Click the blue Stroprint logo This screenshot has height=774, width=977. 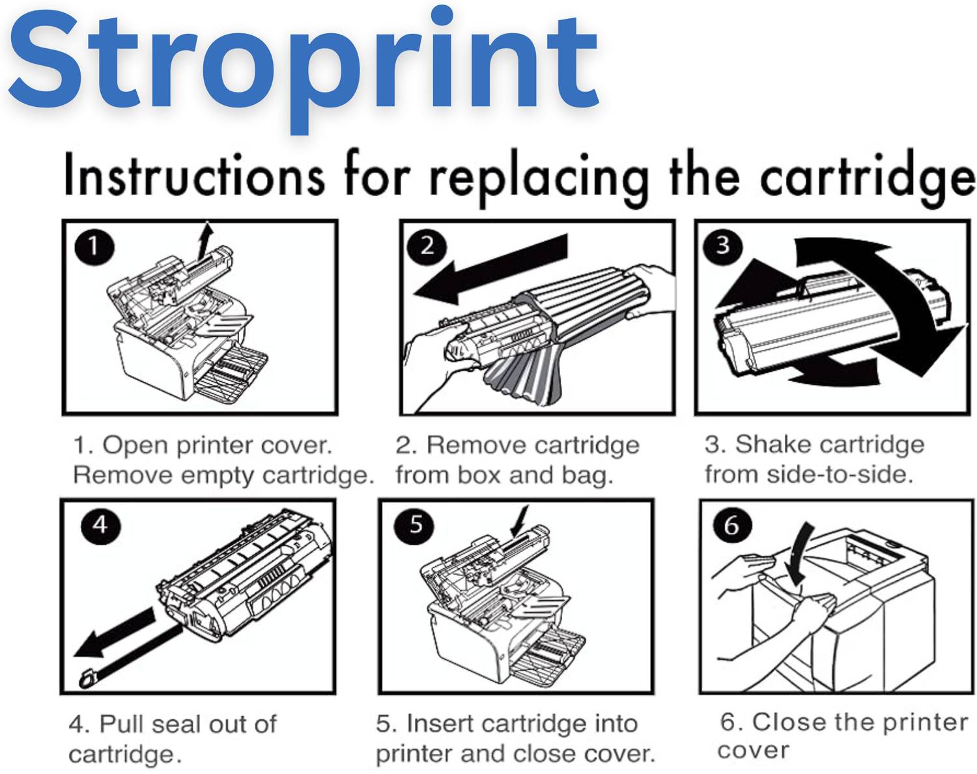pos(304,68)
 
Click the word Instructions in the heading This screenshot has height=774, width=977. pos(194,175)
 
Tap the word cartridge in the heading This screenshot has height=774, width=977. pos(868,180)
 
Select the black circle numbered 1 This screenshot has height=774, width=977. pos(94,247)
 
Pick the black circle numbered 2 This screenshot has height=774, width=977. pos(427,247)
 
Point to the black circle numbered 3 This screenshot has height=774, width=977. pos(723,246)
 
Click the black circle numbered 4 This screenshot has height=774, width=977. pos(100,526)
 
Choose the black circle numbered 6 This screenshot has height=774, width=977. pos(732,526)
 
